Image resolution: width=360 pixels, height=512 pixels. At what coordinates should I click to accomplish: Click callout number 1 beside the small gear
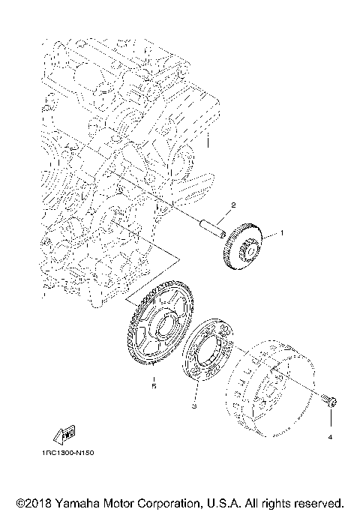point(282,233)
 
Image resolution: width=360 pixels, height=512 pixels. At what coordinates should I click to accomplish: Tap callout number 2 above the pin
point(233,205)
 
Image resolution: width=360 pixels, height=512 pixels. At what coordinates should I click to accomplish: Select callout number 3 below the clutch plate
point(194,406)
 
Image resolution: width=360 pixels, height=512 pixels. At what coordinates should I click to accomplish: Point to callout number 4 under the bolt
point(330,437)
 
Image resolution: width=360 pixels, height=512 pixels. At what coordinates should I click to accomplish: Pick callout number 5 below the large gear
point(154,386)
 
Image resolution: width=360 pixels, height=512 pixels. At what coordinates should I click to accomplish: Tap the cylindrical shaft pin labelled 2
point(212,227)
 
